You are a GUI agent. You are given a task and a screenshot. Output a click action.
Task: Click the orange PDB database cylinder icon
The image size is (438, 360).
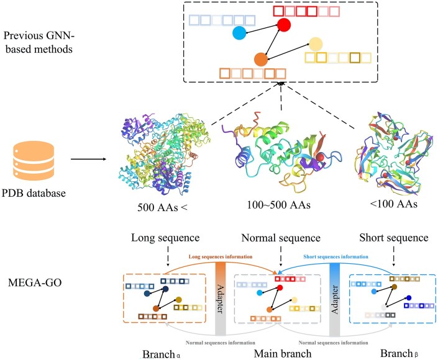click(34, 161)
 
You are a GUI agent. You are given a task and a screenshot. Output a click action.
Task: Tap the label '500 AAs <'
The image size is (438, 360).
click(162, 207)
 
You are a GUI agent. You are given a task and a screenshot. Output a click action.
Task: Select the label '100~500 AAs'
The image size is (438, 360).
click(278, 205)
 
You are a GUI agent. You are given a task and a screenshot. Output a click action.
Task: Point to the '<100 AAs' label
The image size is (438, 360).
click(394, 204)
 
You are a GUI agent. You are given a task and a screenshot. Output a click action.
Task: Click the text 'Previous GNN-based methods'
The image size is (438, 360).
click(39, 42)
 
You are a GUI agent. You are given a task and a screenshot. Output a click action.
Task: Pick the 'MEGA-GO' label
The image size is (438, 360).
click(35, 282)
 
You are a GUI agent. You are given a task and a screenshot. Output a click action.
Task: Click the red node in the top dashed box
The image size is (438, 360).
click(284, 25)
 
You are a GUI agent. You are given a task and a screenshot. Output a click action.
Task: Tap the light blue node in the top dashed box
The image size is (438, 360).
click(239, 32)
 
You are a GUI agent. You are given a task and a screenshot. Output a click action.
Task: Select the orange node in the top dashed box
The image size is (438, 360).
click(260, 60)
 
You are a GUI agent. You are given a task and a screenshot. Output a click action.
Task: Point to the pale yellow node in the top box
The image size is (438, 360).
click(316, 44)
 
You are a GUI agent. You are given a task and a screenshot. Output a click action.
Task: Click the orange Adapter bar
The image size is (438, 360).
click(221, 299)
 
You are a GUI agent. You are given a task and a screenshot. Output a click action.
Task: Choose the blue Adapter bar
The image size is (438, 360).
click(335, 299)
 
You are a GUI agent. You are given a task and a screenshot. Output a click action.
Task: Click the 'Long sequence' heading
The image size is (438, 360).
click(165, 238)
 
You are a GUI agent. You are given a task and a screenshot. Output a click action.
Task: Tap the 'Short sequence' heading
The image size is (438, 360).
click(394, 238)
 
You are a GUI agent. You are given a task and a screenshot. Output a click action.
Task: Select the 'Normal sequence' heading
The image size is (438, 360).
click(281, 238)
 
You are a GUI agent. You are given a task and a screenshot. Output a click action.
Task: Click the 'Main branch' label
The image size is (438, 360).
click(283, 354)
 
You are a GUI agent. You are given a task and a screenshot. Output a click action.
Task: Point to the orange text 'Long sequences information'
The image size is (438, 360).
click(221, 256)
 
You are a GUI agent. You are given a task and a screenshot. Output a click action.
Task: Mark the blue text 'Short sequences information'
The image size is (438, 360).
click(335, 256)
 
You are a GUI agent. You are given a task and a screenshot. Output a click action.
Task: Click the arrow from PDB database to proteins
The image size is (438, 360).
click(89, 160)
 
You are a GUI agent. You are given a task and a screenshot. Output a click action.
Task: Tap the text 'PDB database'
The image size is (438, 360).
click(34, 193)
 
